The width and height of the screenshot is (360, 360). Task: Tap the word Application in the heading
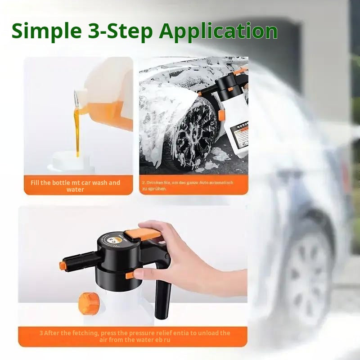tap(219, 31)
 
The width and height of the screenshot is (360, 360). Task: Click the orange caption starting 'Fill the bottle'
tap(76, 186)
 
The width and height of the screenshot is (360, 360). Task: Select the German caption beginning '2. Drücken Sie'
tap(188, 186)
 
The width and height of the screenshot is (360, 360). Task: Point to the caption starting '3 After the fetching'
tap(134, 336)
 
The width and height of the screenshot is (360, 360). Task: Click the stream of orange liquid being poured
tap(76, 126)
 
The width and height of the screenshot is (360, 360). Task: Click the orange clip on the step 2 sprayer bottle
tap(221, 114)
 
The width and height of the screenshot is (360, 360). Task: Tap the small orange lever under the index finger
tap(130, 274)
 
